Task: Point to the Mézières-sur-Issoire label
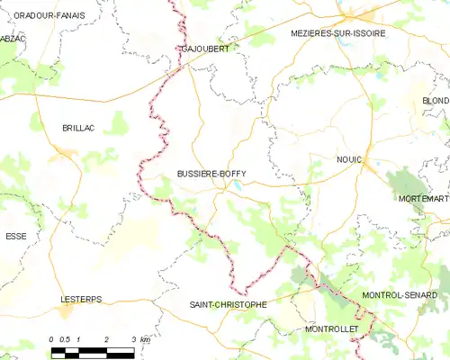[x=338, y=32]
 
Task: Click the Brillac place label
[x=78, y=129]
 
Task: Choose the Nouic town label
[x=348, y=159]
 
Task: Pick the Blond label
[x=436, y=101]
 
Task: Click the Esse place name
[x=16, y=236]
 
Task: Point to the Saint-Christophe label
[x=228, y=305]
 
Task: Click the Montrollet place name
[x=332, y=329]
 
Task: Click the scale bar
[x=92, y=352]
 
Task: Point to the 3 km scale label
[x=141, y=339]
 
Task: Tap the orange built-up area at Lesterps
[x=66, y=311]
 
